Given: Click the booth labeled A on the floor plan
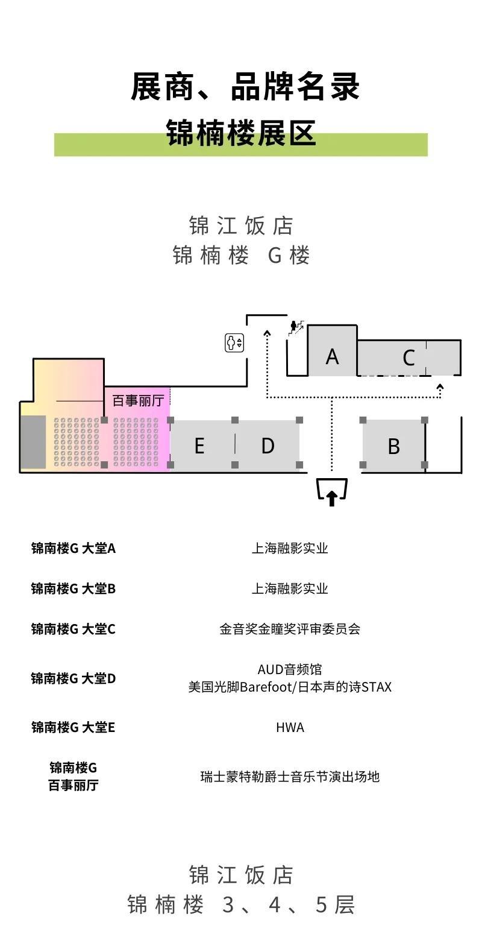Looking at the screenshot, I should pyautogui.click(x=332, y=357).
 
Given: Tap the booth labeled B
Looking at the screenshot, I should pyautogui.click(x=393, y=446).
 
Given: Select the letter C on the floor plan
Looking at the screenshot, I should pyautogui.click(x=408, y=358).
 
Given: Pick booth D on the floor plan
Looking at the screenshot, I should pyautogui.click(x=268, y=446).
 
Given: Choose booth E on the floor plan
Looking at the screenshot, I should pyautogui.click(x=199, y=446).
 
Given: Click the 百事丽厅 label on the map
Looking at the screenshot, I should pyautogui.click(x=138, y=401).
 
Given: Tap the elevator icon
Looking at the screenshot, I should pyautogui.click(x=234, y=343).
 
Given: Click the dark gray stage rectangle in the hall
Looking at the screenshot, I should pyautogui.click(x=33, y=442).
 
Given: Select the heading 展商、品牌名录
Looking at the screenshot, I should pyautogui.click(x=245, y=87).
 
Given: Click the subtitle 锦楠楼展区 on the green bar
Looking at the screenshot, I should pyautogui.click(x=241, y=134).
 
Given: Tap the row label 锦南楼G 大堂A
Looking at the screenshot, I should pyautogui.click(x=73, y=548).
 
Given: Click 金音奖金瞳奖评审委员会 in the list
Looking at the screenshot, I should pyautogui.click(x=290, y=629).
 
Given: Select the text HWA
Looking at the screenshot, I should pyautogui.click(x=290, y=728).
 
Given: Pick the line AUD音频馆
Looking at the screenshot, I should pyautogui.click(x=290, y=669).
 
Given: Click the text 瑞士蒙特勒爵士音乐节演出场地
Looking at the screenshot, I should pyautogui.click(x=290, y=777).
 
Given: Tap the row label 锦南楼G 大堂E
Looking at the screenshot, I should pyautogui.click(x=73, y=728).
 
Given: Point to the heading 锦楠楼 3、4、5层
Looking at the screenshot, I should pyautogui.click(x=241, y=905).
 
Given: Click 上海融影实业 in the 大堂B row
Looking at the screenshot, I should pyautogui.click(x=290, y=588).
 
